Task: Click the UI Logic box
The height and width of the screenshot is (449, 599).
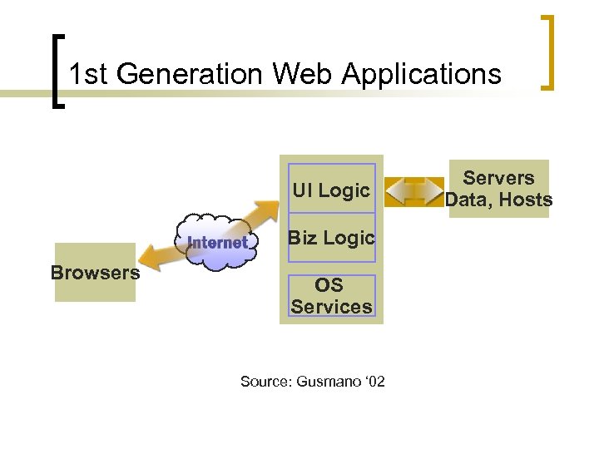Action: point(331,190)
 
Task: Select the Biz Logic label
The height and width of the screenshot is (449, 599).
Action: point(331,238)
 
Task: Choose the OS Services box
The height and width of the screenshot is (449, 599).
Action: point(331,296)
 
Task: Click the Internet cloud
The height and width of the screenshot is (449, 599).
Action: point(217,244)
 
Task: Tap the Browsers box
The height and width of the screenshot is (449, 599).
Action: point(95,273)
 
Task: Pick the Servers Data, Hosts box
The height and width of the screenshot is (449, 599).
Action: point(498,189)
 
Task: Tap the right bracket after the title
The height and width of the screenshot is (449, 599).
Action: point(548,52)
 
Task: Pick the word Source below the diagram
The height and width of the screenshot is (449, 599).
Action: point(260,382)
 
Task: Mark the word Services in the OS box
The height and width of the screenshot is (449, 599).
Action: point(331,307)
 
